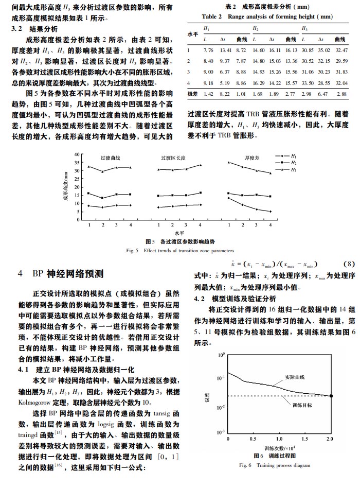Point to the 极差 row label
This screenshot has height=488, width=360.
[193, 94]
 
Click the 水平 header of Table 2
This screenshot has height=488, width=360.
[192, 34]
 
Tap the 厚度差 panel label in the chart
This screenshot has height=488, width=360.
[250, 158]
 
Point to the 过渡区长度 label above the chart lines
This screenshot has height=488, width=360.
[173, 158]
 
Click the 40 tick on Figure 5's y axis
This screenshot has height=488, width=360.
[77, 154]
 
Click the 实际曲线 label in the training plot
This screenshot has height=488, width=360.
[295, 378]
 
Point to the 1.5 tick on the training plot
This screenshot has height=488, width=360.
[305, 439]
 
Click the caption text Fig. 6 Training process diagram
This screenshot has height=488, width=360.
[275, 465]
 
